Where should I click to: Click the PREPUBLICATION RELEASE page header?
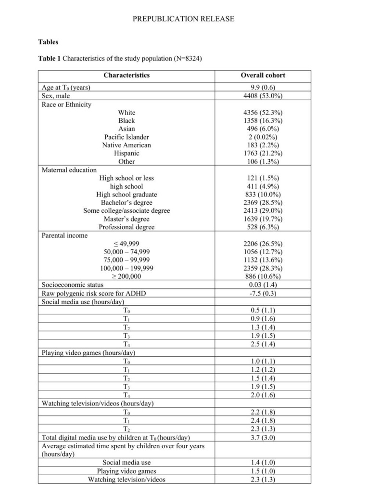184,19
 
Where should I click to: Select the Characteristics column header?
126,75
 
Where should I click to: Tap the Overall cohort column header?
263,75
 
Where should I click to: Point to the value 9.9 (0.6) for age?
263,88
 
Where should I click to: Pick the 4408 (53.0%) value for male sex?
263,96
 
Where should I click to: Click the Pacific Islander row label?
126,137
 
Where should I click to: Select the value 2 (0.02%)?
263,137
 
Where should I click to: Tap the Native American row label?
126,145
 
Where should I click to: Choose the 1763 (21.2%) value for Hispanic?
263,153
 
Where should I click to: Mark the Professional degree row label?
126,227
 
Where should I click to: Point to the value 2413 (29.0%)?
263,210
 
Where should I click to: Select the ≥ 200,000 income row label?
126,276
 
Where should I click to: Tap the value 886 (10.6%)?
263,276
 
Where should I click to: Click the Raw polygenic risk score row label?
87,293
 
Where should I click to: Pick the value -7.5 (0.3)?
263,293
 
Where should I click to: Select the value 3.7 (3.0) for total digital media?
263,437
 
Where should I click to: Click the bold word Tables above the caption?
48,42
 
